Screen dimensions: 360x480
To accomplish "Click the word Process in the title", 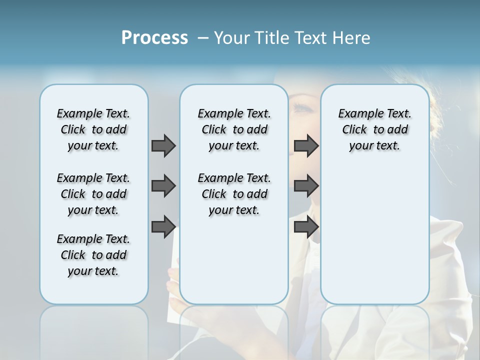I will point(154,38).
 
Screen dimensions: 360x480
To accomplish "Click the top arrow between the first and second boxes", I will point(163,145).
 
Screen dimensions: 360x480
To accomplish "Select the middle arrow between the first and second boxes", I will point(163,186).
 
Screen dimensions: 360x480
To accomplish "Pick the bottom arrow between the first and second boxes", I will point(163,227).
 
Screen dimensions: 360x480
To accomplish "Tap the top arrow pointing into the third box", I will point(306,145).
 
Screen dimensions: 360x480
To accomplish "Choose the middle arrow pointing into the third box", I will point(306,186).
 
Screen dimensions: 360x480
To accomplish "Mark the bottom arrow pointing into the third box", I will point(306,227).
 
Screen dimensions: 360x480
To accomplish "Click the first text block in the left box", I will point(93,129).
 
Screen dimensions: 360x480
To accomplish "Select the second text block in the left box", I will point(93,194).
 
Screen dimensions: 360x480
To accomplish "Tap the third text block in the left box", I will point(93,255).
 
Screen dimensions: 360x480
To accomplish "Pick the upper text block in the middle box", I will point(234,129).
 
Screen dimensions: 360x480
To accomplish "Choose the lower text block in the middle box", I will point(234,194).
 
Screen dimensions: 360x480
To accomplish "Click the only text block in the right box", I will point(374,129).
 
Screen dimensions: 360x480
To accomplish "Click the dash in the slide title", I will point(203,38).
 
